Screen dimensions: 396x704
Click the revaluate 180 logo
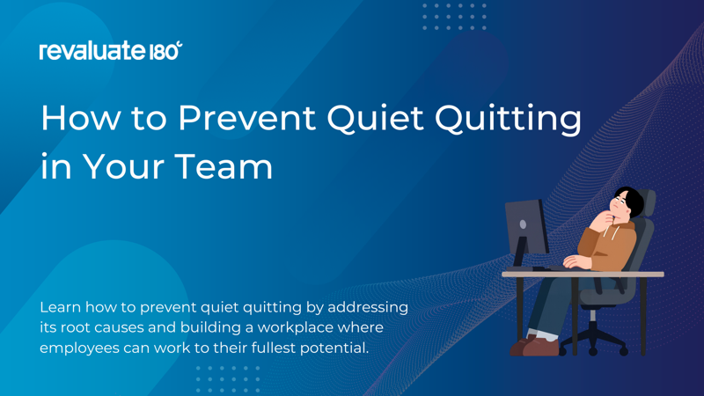pos(111,51)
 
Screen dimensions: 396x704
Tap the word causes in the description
pos(123,327)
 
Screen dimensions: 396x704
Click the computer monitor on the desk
pos(525,230)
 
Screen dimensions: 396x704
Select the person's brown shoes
pos(532,345)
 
